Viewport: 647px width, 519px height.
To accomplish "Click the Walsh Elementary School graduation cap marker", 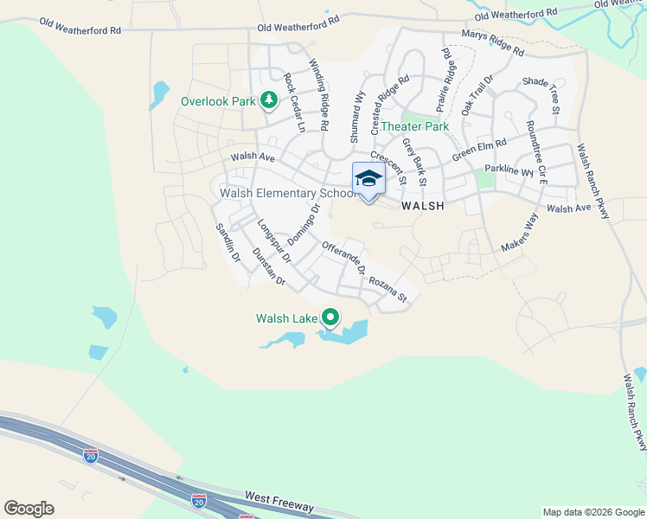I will click(x=368, y=179).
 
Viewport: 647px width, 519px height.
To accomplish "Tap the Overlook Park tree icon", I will click(x=269, y=101).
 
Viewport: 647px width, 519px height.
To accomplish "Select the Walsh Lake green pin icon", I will click(x=330, y=318).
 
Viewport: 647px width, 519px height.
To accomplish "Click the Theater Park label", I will click(x=415, y=126).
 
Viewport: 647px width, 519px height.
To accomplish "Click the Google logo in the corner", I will click(x=29, y=509).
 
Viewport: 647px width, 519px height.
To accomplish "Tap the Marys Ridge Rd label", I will click(x=492, y=44).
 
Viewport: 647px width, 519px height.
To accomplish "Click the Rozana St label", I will click(x=388, y=290).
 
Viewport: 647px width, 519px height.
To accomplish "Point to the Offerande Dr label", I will click(x=344, y=258).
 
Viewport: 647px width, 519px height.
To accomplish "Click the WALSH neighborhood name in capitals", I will click(x=423, y=206).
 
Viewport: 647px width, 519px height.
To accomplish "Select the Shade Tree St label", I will click(x=541, y=94).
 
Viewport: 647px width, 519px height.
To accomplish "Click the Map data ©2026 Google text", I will click(x=593, y=512).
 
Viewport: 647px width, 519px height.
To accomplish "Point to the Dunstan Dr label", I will click(x=268, y=266).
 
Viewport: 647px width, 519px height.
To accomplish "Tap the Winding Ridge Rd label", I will click(x=319, y=94).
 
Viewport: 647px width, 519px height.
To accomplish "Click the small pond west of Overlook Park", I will click(x=159, y=93).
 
